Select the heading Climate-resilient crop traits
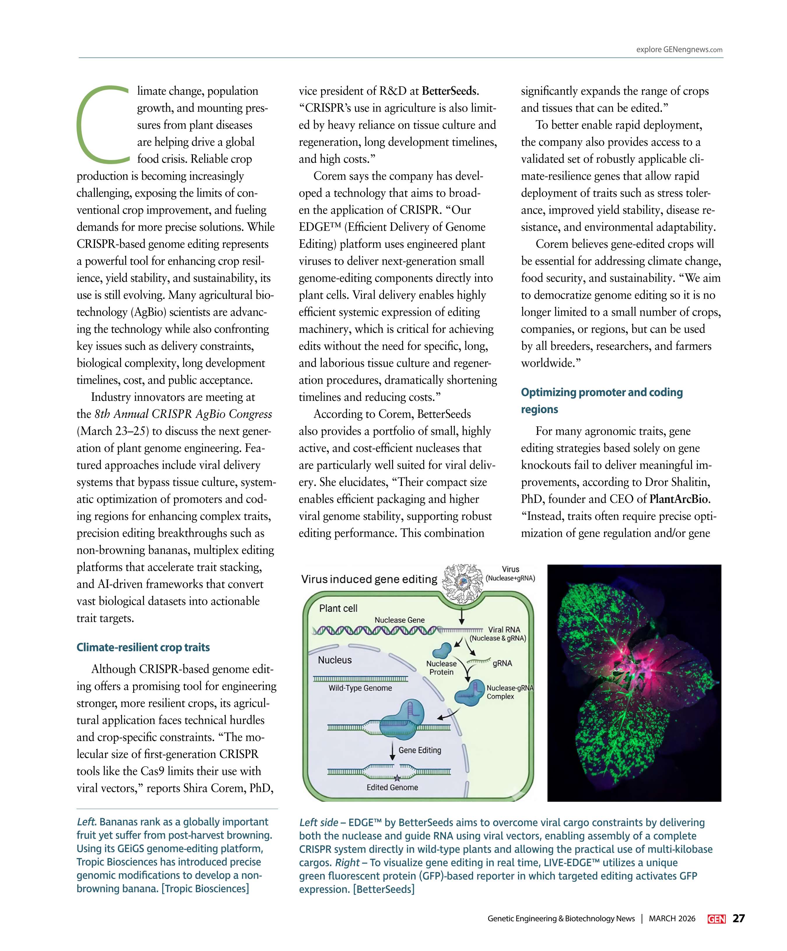[143, 647]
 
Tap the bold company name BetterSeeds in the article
[449, 91]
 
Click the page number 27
[739, 918]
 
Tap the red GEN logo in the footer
[716, 919]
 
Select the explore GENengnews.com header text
[679, 50]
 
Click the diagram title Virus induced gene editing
[369, 579]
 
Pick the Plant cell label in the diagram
[338, 608]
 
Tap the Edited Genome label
[392, 787]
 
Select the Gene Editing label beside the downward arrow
[419, 750]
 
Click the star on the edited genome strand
[397, 778]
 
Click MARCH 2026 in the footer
[672, 918]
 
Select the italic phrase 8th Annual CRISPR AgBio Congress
[183, 414]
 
